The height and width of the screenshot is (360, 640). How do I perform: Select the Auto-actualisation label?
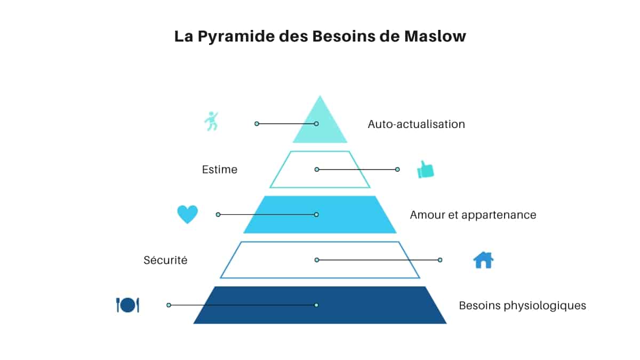(416, 124)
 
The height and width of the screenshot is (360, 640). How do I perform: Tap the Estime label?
(219, 170)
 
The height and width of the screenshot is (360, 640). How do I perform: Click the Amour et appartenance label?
(473, 215)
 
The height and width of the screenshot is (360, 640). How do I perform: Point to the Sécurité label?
(165, 260)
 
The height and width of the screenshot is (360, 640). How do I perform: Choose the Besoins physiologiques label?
(522, 306)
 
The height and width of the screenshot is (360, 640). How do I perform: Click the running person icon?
(212, 121)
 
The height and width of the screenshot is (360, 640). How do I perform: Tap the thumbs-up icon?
(425, 170)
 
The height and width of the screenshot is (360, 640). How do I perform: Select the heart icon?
(187, 214)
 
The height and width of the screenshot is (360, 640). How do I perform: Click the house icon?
(483, 260)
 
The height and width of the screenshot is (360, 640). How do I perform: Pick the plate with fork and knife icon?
(127, 305)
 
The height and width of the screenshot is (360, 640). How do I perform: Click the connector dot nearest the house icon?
(440, 260)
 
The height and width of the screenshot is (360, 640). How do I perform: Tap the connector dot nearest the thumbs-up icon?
(397, 169)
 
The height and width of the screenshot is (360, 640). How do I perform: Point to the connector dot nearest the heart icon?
(218, 214)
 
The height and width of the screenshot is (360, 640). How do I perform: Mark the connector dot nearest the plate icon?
(169, 305)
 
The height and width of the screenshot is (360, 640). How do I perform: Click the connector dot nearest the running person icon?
(257, 123)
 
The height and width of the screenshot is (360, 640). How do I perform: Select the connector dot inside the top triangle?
(316, 123)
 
